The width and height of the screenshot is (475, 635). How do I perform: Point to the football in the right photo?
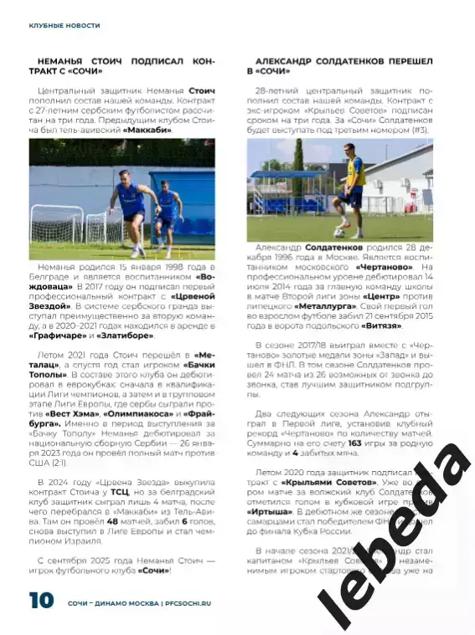(x=340, y=232)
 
